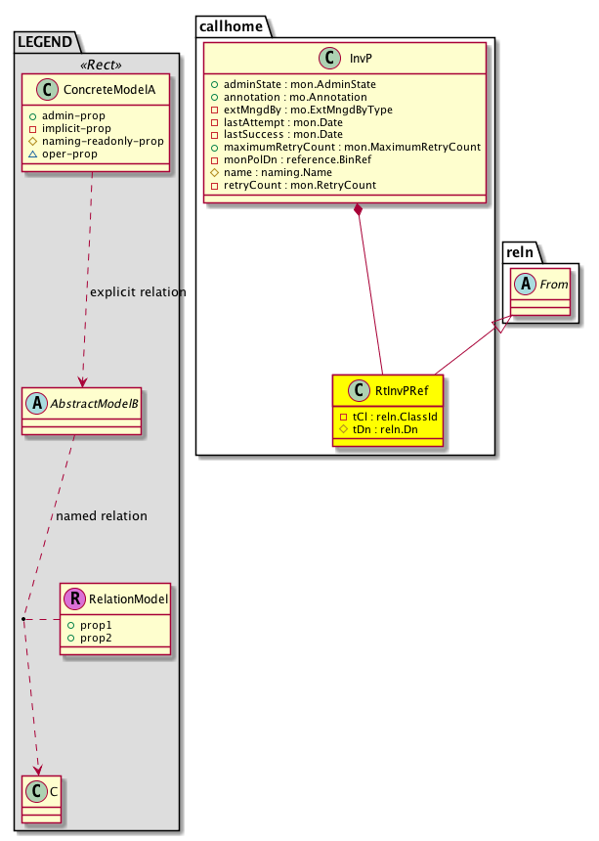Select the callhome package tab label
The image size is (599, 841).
tap(230, 26)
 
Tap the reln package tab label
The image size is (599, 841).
tap(521, 253)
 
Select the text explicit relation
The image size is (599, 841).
tap(137, 291)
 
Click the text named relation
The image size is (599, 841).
tap(102, 515)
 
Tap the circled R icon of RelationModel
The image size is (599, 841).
tap(73, 599)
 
